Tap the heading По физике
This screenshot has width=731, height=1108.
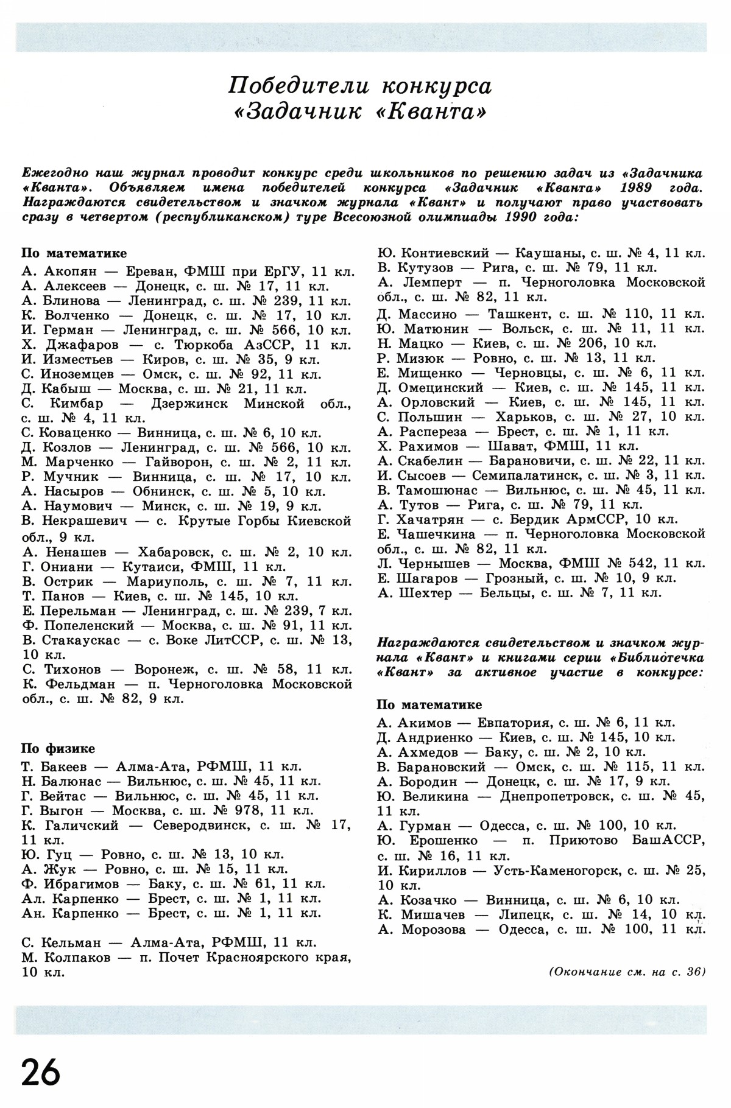(x=58, y=749)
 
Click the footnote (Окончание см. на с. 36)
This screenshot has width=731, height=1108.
(x=627, y=970)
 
